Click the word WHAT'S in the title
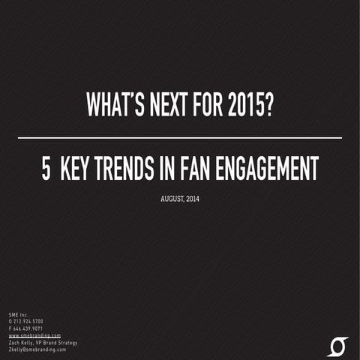point(115,106)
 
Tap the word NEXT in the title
point(172,106)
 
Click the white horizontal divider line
point(179,138)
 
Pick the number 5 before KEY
point(46,170)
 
